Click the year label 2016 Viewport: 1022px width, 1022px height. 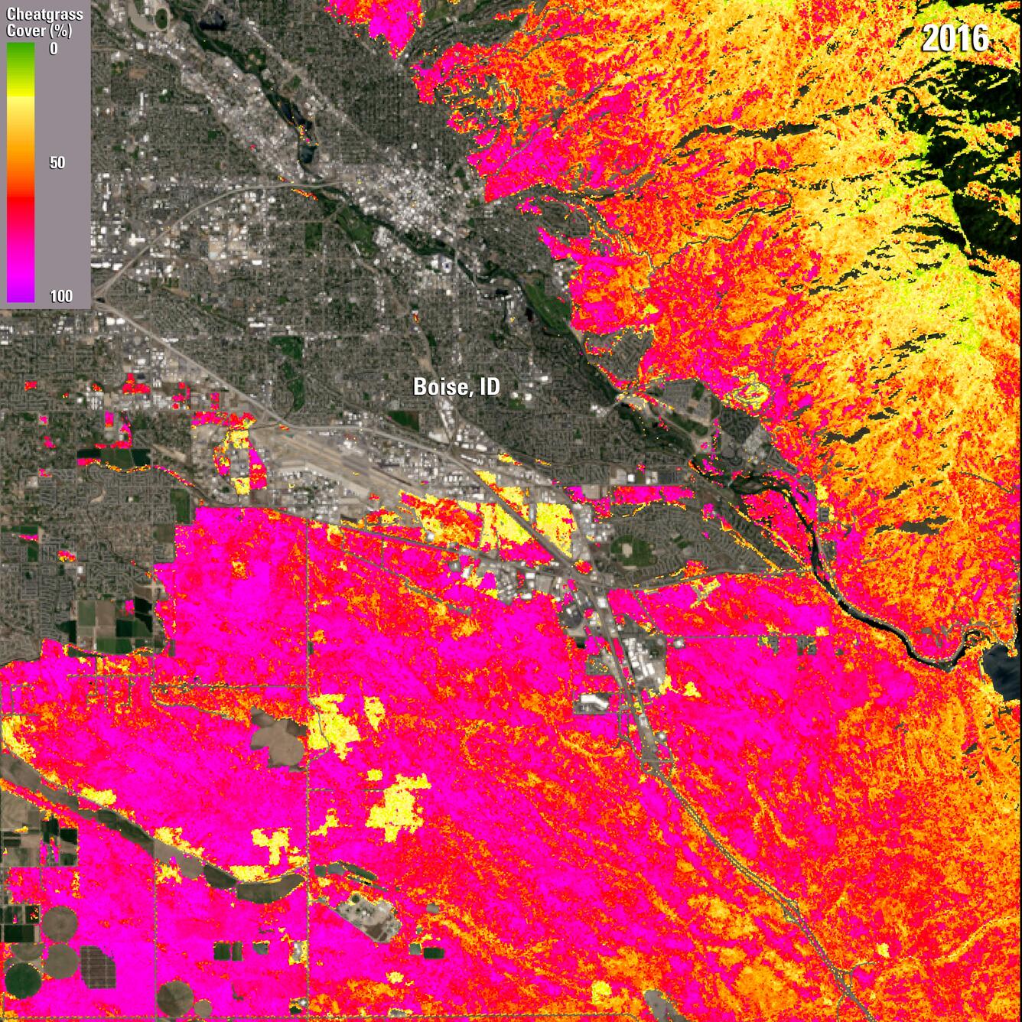point(955,38)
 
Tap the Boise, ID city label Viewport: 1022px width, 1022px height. point(456,386)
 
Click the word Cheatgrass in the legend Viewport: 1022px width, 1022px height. point(44,15)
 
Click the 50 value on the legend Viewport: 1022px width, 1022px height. point(57,163)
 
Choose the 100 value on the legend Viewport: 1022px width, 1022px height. point(61,296)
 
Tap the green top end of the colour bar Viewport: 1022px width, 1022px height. point(20,50)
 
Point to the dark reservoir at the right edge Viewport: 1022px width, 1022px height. point(1004,659)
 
